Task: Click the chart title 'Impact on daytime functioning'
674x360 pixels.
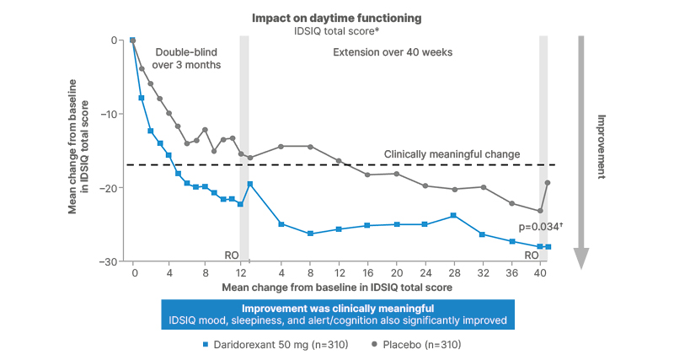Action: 338,18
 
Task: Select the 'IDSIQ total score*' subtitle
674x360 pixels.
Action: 338,30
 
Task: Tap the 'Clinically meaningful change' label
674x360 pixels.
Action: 452,154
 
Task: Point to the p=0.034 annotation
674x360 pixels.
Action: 540,228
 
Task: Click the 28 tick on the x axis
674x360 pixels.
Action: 454,273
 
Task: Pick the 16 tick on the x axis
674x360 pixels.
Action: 367,273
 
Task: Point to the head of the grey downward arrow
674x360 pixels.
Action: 580,258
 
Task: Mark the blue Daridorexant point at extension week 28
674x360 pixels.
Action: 454,216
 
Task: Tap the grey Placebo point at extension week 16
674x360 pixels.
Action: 367,175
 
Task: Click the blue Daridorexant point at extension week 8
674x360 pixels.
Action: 310,234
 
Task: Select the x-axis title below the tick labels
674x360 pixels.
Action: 337,287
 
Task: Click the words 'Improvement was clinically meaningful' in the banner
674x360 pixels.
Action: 337,308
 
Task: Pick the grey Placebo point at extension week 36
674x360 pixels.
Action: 511,203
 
